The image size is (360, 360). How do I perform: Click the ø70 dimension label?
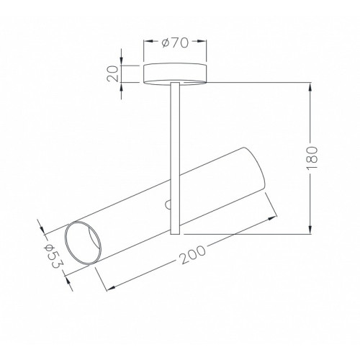tap(175, 42)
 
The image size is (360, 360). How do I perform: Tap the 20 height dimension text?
tap(113, 73)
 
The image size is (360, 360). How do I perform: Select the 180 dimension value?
tap(312, 158)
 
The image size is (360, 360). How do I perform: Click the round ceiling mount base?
tap(175, 73)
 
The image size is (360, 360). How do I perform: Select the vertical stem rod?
tap(175, 158)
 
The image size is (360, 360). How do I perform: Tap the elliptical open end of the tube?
tap(83, 243)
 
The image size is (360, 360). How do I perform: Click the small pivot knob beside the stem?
tap(168, 204)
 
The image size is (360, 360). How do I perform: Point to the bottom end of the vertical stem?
tap(175, 234)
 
